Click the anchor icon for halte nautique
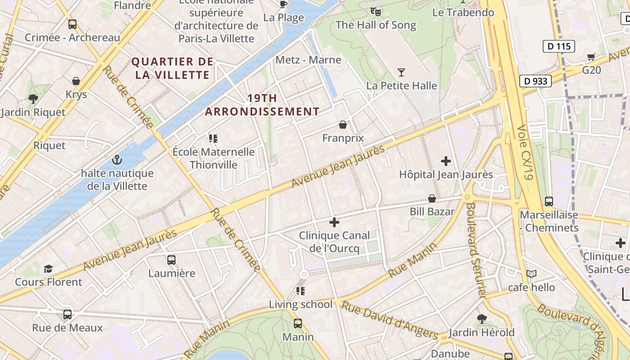click(117, 160)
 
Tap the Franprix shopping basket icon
click(343, 125)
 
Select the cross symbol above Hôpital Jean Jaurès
click(446, 161)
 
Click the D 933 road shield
click(535, 81)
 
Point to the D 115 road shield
click(559, 46)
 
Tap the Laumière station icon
click(171, 260)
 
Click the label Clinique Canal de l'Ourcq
click(334, 242)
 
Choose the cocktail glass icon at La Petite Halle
click(401, 72)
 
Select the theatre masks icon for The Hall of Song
click(376, 11)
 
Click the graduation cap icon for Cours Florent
click(48, 269)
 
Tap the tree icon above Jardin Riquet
click(33, 99)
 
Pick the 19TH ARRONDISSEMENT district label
click(262, 105)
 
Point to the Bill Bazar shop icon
click(432, 198)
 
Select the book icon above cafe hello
click(531, 274)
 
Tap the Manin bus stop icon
click(298, 323)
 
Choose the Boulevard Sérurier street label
click(476, 250)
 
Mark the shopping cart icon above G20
click(591, 57)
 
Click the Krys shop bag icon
click(76, 81)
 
